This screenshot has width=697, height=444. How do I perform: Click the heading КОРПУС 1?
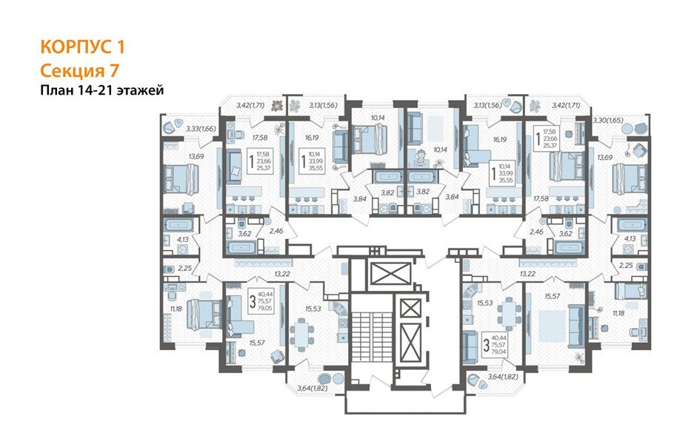81,47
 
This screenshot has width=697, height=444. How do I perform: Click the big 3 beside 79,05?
252,302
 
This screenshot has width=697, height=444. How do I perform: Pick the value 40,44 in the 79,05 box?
266,293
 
